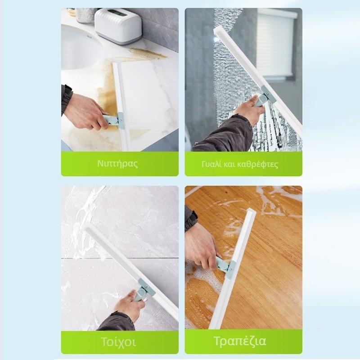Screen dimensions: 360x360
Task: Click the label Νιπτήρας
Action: (117, 164)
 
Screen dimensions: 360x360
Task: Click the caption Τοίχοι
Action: (118, 342)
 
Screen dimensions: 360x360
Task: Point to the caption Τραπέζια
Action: (240, 341)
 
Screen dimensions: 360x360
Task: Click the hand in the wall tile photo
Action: (129, 302)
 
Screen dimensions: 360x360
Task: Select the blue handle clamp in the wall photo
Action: (144, 288)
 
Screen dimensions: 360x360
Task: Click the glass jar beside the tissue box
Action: (85, 15)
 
